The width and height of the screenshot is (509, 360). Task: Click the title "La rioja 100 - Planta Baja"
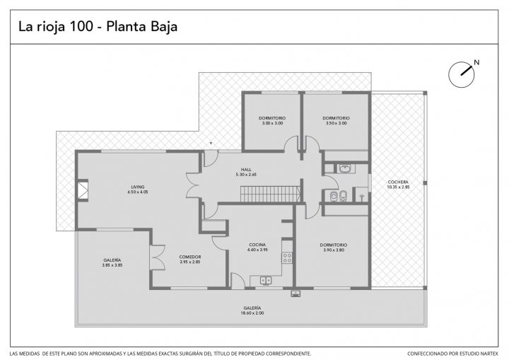[98, 27]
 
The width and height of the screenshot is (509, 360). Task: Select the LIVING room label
[138, 187]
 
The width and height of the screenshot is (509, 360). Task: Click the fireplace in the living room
[83, 190]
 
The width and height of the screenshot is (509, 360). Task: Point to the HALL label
[246, 170]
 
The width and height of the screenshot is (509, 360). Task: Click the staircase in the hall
[270, 194]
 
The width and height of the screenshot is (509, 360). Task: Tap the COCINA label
[257, 245]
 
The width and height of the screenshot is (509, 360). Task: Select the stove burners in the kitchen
[287, 258]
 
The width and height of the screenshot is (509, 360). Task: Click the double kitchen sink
[266, 280]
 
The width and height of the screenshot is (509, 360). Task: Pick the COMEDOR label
[190, 257]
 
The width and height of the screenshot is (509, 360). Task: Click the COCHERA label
[398, 182]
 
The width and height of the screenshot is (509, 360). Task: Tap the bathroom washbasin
[345, 168]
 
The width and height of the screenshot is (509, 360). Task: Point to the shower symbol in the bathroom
[362, 197]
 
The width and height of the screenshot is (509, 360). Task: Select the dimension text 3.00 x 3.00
[272, 123]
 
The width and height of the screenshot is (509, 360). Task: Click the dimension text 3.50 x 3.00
[337, 123]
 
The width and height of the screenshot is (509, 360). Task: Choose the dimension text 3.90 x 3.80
[334, 250]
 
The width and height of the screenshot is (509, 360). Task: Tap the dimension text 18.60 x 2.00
[252, 313]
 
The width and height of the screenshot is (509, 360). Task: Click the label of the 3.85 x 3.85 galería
[112, 260]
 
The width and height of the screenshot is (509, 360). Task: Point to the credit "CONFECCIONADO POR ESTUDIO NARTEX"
[452, 354]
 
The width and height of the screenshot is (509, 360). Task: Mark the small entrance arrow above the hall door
[211, 143]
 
